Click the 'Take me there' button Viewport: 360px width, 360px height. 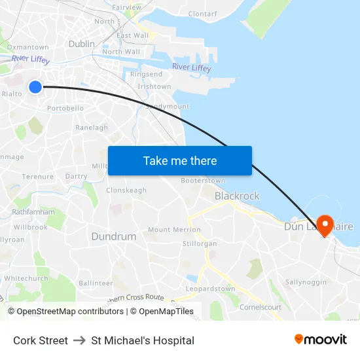click(179, 160)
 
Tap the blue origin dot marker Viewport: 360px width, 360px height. click(35, 86)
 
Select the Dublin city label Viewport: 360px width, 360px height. click(82, 44)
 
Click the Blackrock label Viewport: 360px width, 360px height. click(237, 196)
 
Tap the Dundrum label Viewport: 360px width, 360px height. click(114, 236)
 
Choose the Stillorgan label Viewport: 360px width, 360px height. click(200, 243)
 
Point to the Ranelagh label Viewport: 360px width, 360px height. click(92, 128)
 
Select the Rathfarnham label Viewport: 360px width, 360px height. click(33, 212)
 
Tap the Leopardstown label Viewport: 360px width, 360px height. click(210, 289)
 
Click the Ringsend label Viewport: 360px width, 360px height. click(146, 75)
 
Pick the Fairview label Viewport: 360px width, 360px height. click(126, 7)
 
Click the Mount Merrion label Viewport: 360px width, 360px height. click(174, 230)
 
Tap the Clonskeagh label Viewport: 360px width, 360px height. click(126, 190)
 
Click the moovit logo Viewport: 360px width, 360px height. click(321, 339)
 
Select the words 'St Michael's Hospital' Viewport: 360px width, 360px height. click(143, 340)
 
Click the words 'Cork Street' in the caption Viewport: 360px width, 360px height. click(41, 340)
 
